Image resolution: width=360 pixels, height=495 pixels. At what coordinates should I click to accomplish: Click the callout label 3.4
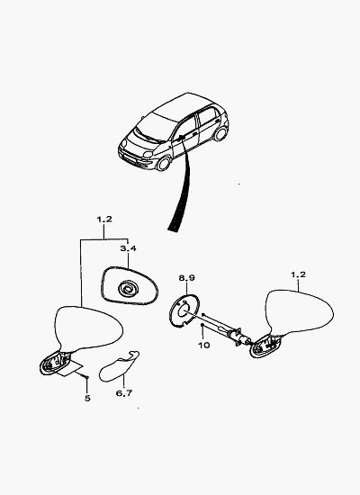[128, 248]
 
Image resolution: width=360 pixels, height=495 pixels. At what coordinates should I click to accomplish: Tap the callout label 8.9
[187, 278]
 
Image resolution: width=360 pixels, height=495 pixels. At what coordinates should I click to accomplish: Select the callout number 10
[204, 345]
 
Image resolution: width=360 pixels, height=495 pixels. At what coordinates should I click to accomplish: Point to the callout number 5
[87, 399]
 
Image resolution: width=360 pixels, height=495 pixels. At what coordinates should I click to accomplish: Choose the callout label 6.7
[124, 393]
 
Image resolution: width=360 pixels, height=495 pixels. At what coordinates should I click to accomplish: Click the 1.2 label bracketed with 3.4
[104, 219]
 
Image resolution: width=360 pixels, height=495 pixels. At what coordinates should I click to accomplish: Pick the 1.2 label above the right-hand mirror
[298, 274]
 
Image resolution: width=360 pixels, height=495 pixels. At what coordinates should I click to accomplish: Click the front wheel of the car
[164, 164]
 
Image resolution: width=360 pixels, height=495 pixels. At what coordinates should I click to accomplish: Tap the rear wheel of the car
[220, 133]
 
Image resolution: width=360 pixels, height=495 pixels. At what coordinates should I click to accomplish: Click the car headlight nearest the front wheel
[148, 155]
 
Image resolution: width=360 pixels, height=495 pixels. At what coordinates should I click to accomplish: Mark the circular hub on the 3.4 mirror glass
[128, 289]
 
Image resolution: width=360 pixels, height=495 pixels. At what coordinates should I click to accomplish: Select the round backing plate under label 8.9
[184, 310]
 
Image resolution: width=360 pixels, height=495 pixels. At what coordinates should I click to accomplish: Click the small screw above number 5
[86, 377]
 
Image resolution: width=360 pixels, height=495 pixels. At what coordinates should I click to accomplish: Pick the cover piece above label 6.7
[119, 366]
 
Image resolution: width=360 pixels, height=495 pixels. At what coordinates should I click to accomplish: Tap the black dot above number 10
[202, 325]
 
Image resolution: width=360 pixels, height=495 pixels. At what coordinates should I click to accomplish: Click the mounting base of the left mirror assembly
[55, 362]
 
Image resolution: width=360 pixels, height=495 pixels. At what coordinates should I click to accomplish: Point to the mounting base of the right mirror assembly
[265, 346]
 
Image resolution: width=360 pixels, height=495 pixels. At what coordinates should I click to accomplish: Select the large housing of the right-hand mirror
[299, 311]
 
